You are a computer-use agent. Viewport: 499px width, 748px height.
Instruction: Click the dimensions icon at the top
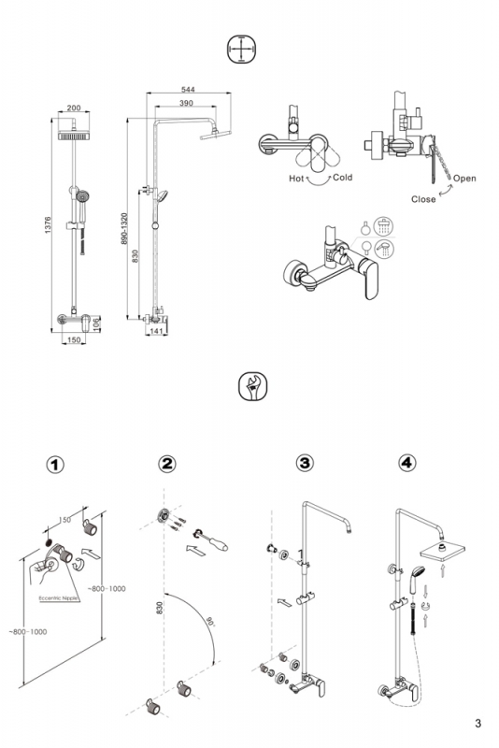click(x=242, y=50)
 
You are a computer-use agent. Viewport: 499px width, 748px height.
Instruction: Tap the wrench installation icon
click(x=252, y=386)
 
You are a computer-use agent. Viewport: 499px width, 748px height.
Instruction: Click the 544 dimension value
click(x=188, y=90)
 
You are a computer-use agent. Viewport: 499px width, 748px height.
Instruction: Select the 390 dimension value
click(x=186, y=103)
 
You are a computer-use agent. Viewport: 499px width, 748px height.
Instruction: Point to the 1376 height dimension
click(x=48, y=225)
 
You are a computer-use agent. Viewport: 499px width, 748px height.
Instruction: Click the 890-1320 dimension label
click(x=124, y=228)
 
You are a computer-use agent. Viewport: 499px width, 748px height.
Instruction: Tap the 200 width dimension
click(x=74, y=108)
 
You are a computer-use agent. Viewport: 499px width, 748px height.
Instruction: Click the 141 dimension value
click(x=156, y=331)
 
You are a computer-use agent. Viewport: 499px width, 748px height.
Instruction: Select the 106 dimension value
click(x=96, y=324)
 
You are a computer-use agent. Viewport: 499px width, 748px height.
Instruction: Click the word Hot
click(x=296, y=179)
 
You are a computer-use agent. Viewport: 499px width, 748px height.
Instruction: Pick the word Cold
click(x=343, y=178)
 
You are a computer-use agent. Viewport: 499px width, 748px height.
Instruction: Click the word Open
click(x=464, y=179)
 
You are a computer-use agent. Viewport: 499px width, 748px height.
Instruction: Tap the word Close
click(x=423, y=199)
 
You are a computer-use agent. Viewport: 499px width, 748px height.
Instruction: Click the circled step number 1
click(x=55, y=464)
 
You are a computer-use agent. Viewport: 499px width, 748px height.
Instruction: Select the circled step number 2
click(x=167, y=463)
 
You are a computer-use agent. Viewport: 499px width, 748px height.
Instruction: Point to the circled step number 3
click(x=305, y=462)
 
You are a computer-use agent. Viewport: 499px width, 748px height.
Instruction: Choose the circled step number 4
click(x=407, y=462)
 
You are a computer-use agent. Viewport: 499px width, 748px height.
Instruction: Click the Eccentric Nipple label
click(x=58, y=598)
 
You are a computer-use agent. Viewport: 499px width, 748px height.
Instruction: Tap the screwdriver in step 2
click(x=210, y=539)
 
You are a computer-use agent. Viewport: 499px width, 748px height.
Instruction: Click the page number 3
click(x=478, y=723)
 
